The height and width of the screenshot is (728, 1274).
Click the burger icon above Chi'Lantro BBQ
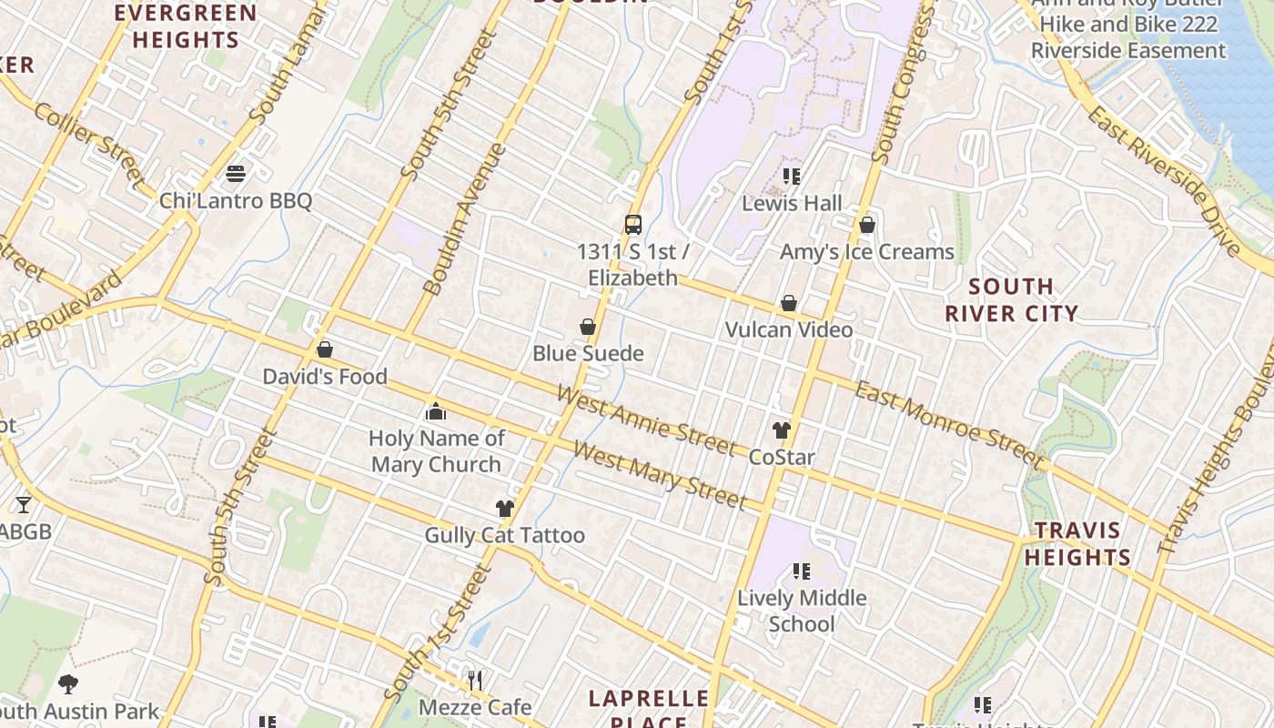click(236, 174)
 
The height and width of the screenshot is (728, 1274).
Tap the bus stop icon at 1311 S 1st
click(632, 224)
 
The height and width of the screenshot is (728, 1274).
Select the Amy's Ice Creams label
click(866, 252)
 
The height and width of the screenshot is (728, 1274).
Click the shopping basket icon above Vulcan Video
click(789, 303)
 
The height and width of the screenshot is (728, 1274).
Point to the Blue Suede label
click(588, 354)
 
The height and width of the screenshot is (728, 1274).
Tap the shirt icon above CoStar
click(781, 430)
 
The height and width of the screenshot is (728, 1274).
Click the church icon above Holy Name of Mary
click(436, 412)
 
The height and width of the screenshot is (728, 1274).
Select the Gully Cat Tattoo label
click(504, 535)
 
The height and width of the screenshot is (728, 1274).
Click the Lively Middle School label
click(802, 611)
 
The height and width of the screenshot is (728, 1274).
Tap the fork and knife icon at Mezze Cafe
click(474, 680)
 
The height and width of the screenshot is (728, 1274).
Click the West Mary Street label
click(659, 475)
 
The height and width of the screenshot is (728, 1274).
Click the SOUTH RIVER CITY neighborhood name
click(1010, 300)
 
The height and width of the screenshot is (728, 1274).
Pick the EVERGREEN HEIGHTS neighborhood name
click(186, 26)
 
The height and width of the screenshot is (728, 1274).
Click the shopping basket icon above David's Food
click(324, 349)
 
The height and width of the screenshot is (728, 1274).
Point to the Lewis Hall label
click(792, 203)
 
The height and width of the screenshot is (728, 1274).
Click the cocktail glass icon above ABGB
click(23, 504)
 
